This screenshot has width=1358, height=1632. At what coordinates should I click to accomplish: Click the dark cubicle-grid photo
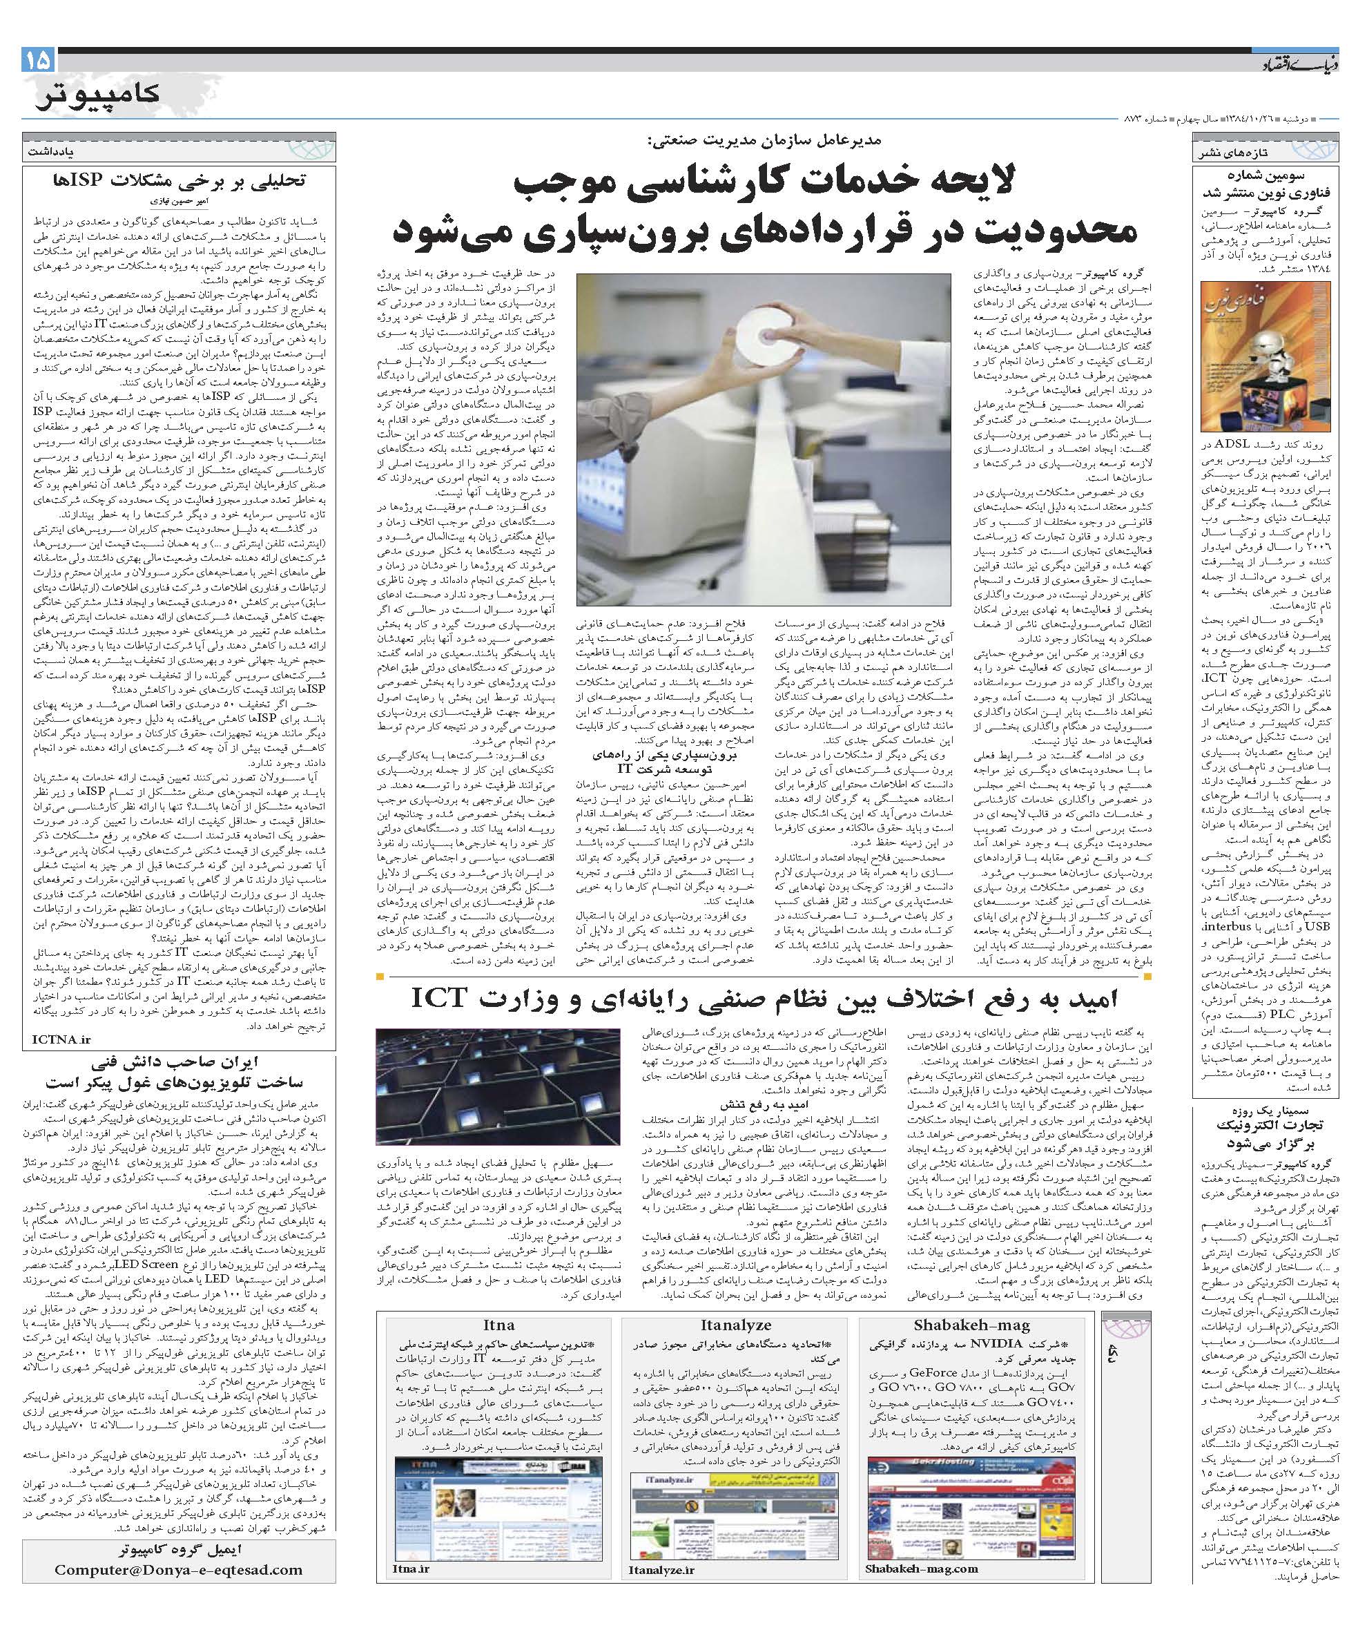497,1086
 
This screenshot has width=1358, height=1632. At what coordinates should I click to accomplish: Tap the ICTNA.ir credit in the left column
62,1039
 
